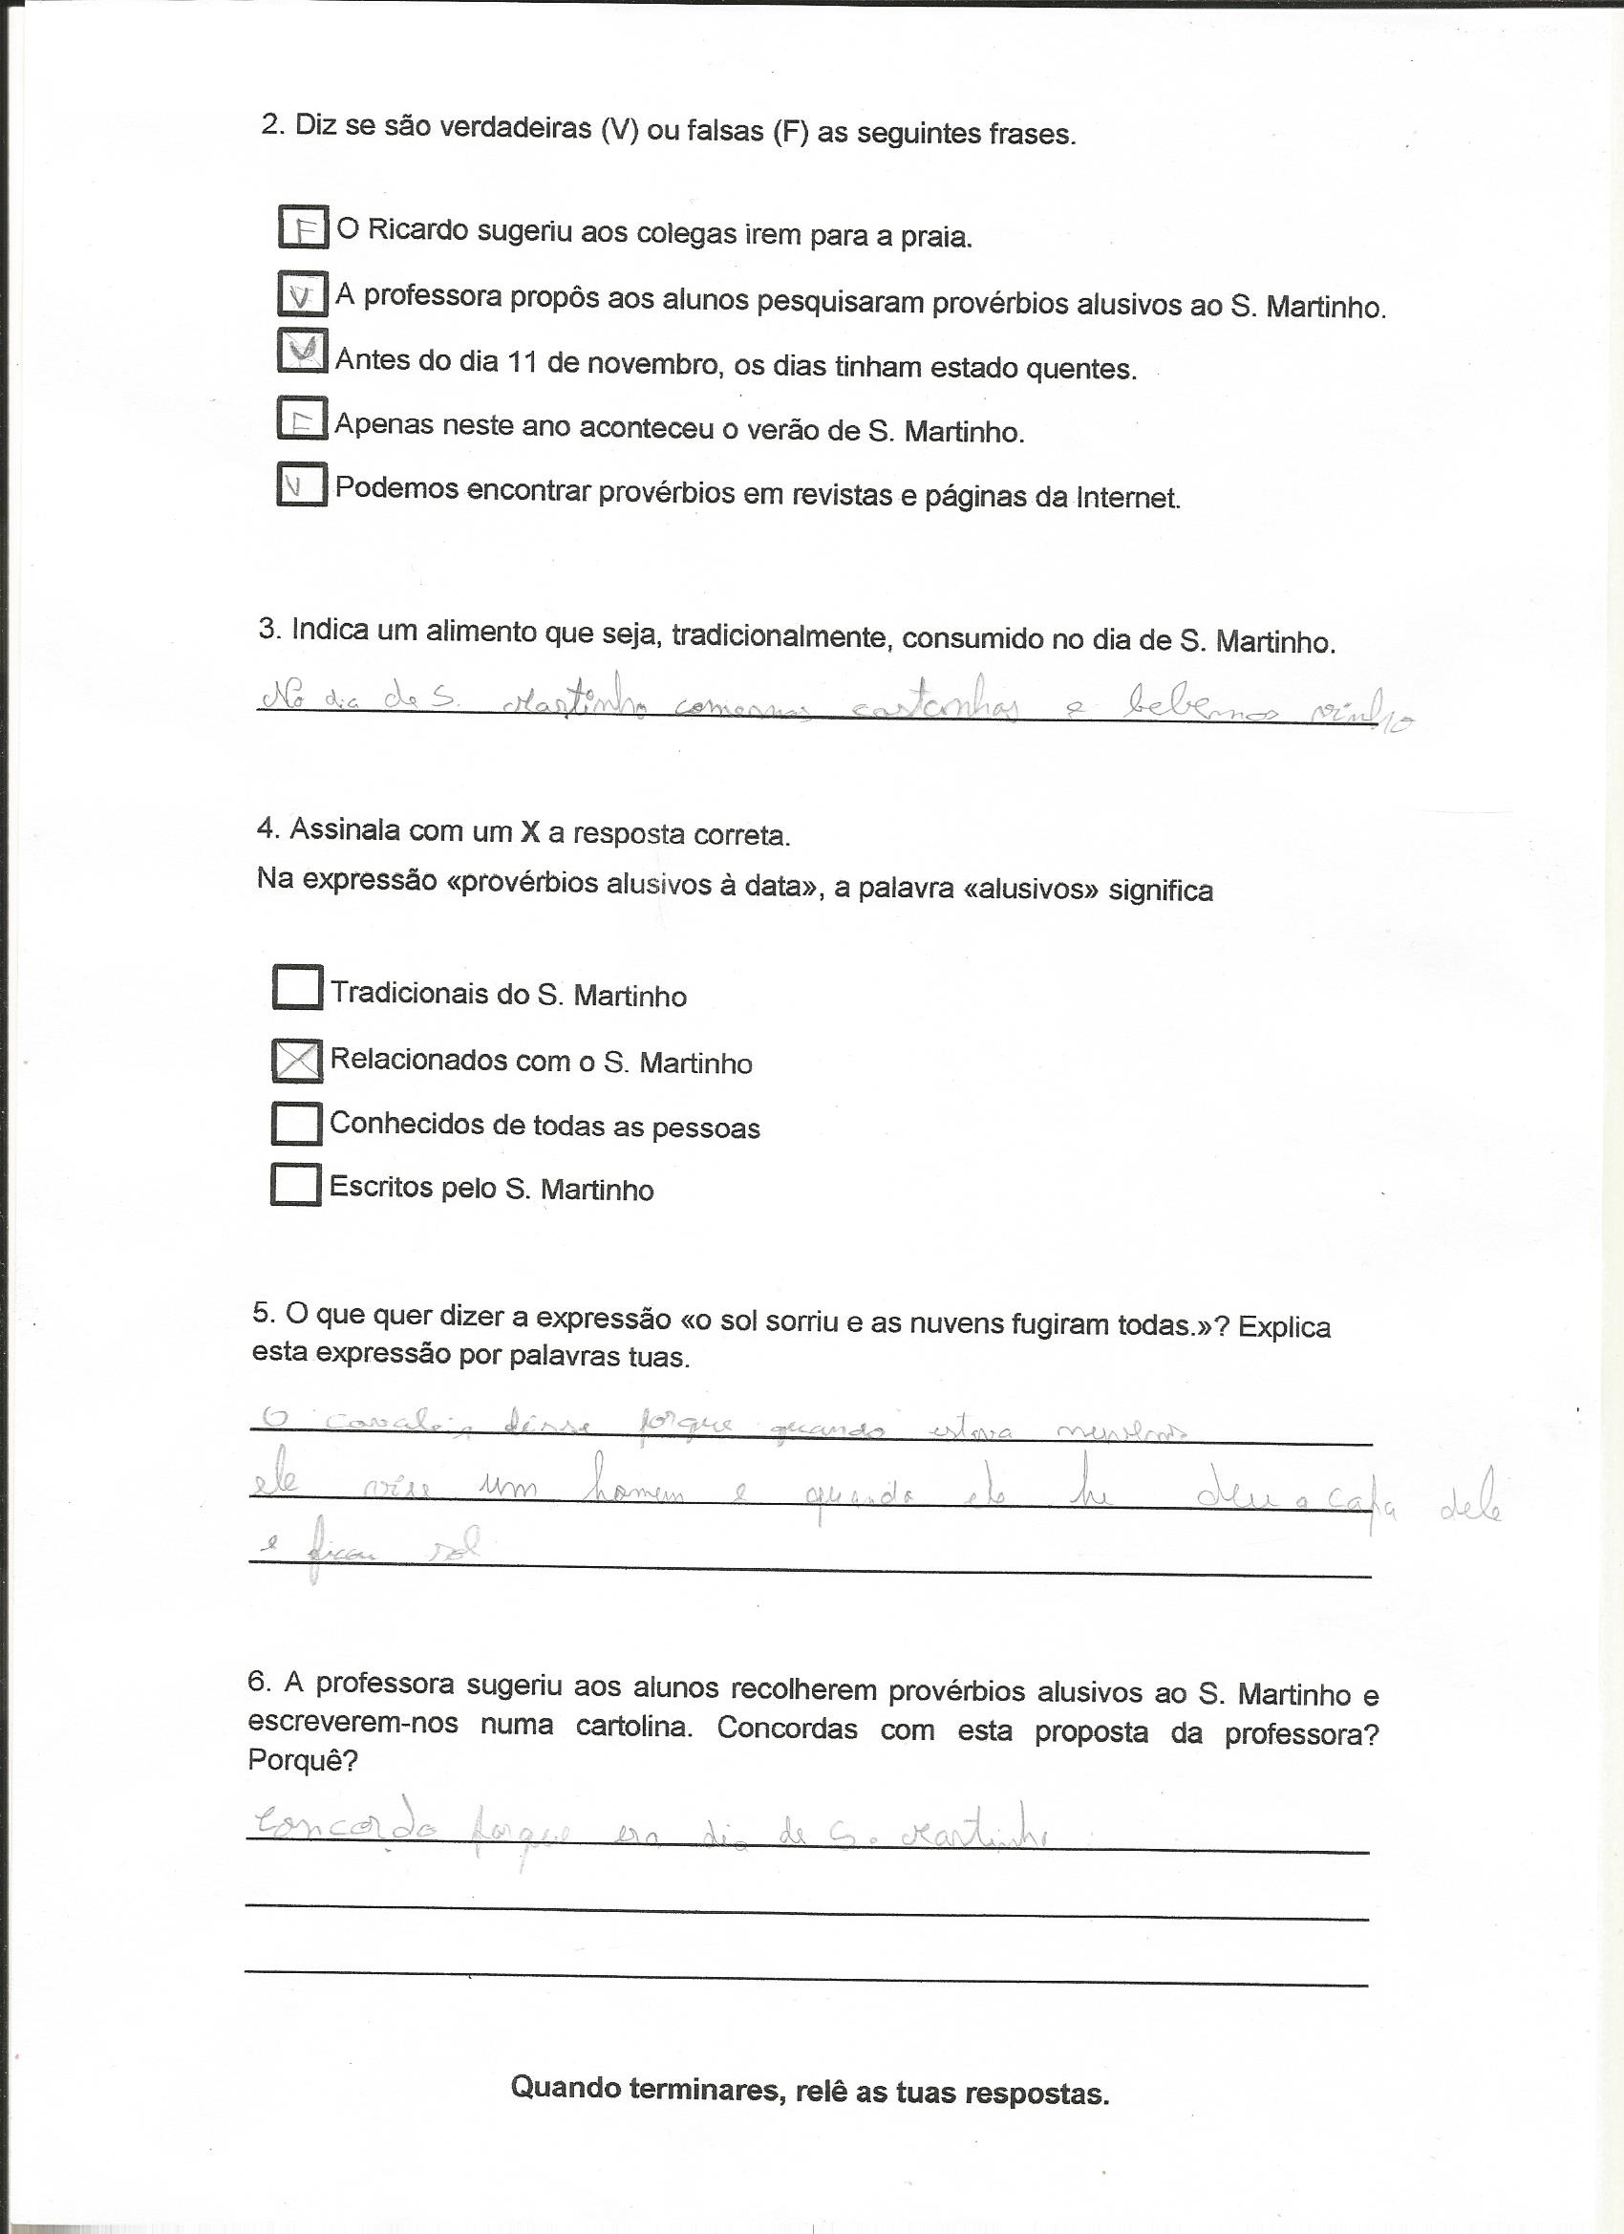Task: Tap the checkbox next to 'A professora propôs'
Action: click(x=302, y=292)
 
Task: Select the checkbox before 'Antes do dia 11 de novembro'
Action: click(x=302, y=352)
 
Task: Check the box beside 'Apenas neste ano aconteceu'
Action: click(x=301, y=419)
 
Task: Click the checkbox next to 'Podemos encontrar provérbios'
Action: click(x=301, y=483)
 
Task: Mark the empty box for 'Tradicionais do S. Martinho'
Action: click(x=296, y=987)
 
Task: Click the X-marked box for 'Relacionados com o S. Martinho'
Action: click(x=296, y=1060)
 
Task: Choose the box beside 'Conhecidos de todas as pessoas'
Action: click(x=295, y=1123)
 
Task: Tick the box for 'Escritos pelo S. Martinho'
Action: click(x=295, y=1184)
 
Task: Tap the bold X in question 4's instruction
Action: click(x=530, y=832)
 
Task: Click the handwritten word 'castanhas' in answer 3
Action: click(x=935, y=706)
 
